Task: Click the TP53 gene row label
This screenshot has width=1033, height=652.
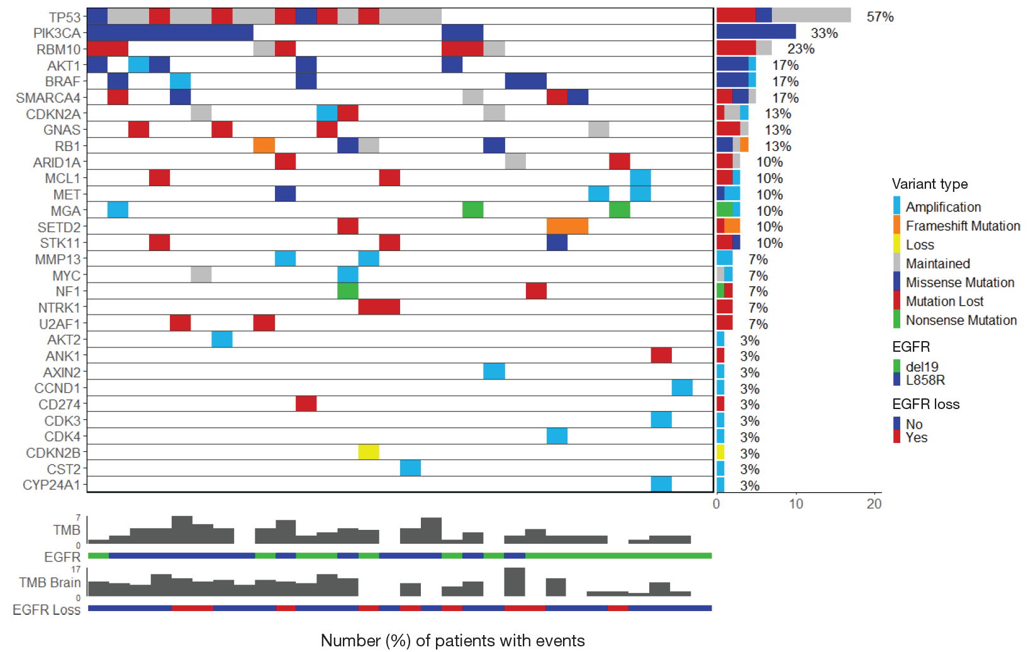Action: (x=65, y=17)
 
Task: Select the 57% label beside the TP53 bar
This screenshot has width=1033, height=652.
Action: (x=879, y=17)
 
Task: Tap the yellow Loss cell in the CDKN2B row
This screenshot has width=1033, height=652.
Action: (x=369, y=452)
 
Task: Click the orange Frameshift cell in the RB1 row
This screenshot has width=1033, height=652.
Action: (x=264, y=145)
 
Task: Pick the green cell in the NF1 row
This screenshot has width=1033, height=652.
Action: (x=347, y=291)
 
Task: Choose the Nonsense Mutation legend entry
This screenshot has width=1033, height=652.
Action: (x=961, y=320)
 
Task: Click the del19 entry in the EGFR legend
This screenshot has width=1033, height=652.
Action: (x=922, y=366)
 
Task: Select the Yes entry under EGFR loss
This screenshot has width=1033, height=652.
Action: (x=916, y=437)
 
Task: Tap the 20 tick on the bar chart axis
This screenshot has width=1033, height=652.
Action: (x=874, y=503)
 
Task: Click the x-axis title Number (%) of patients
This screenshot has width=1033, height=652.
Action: (x=452, y=641)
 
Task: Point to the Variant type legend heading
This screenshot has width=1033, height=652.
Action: (x=929, y=184)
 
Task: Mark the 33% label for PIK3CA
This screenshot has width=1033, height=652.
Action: (x=824, y=33)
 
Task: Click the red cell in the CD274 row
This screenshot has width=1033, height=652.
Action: (x=306, y=403)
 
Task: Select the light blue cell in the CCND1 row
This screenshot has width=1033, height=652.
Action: (x=682, y=388)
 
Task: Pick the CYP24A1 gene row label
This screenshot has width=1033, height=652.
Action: (x=52, y=485)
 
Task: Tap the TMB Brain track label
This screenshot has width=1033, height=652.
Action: (x=50, y=583)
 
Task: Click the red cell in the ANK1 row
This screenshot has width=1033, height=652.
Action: (x=661, y=356)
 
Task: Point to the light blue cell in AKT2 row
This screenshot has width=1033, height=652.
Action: (x=222, y=339)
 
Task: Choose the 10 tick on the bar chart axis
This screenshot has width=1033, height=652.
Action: (x=796, y=503)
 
